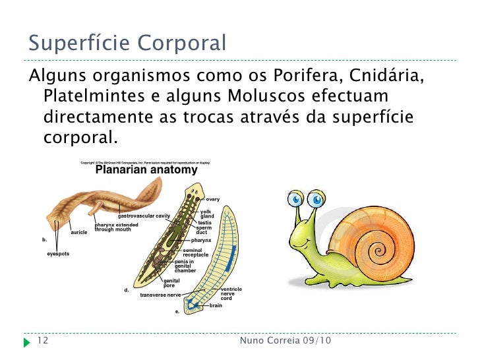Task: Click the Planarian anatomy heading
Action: [x=146, y=170]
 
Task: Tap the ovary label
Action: [x=213, y=199]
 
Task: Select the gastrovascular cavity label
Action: [x=144, y=216]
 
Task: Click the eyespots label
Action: [x=58, y=254]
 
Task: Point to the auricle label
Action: [x=79, y=233]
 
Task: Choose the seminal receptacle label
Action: [x=195, y=253]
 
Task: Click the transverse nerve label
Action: [x=160, y=295]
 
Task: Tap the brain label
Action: [x=216, y=305]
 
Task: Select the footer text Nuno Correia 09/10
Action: [x=285, y=341]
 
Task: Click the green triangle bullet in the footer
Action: [x=26, y=342]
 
